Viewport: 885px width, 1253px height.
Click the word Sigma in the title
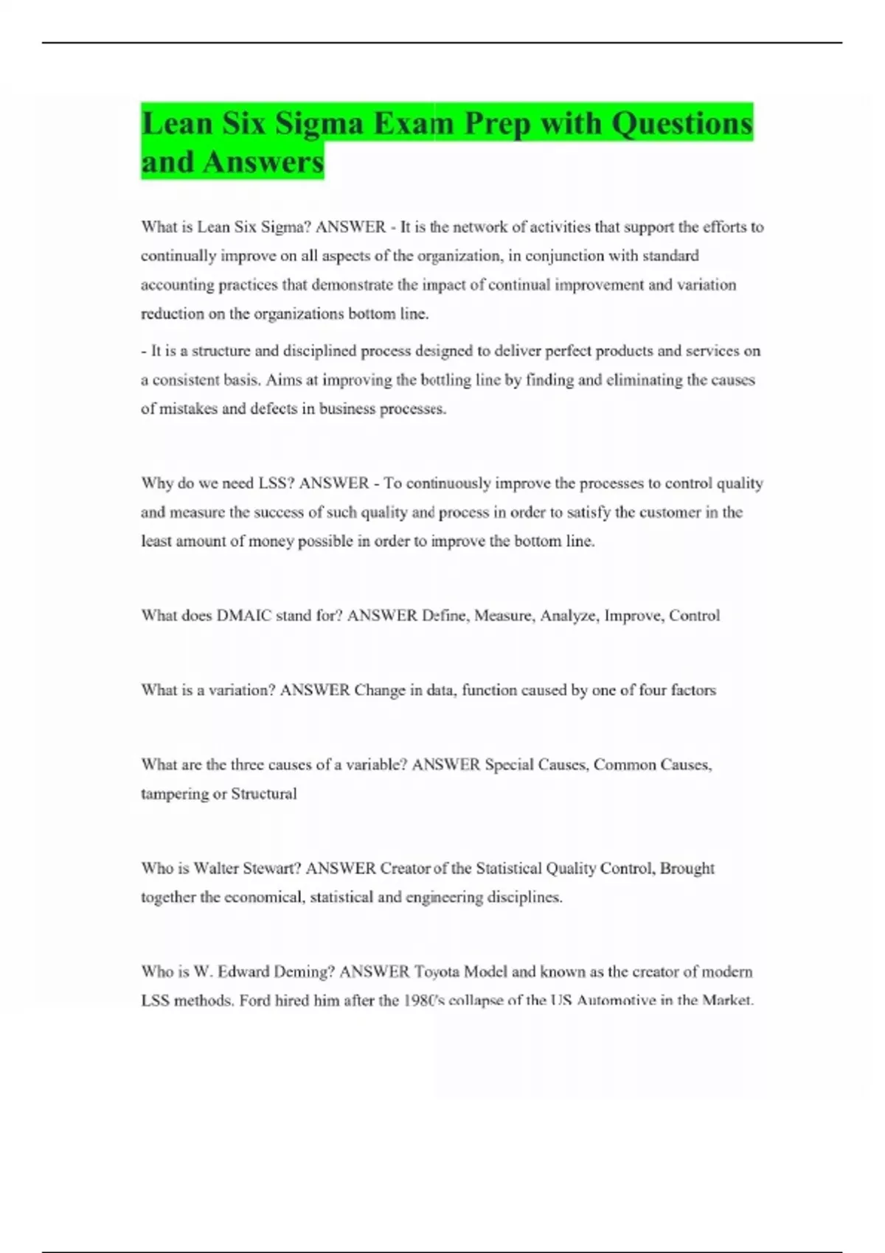(x=319, y=123)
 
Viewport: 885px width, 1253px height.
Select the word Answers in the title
(x=263, y=162)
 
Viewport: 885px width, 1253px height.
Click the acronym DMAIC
(x=244, y=615)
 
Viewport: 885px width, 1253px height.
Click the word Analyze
(x=568, y=615)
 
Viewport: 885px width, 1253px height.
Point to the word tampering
(x=174, y=794)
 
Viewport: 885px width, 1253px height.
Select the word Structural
(x=264, y=794)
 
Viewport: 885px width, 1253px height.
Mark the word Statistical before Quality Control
(x=509, y=868)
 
